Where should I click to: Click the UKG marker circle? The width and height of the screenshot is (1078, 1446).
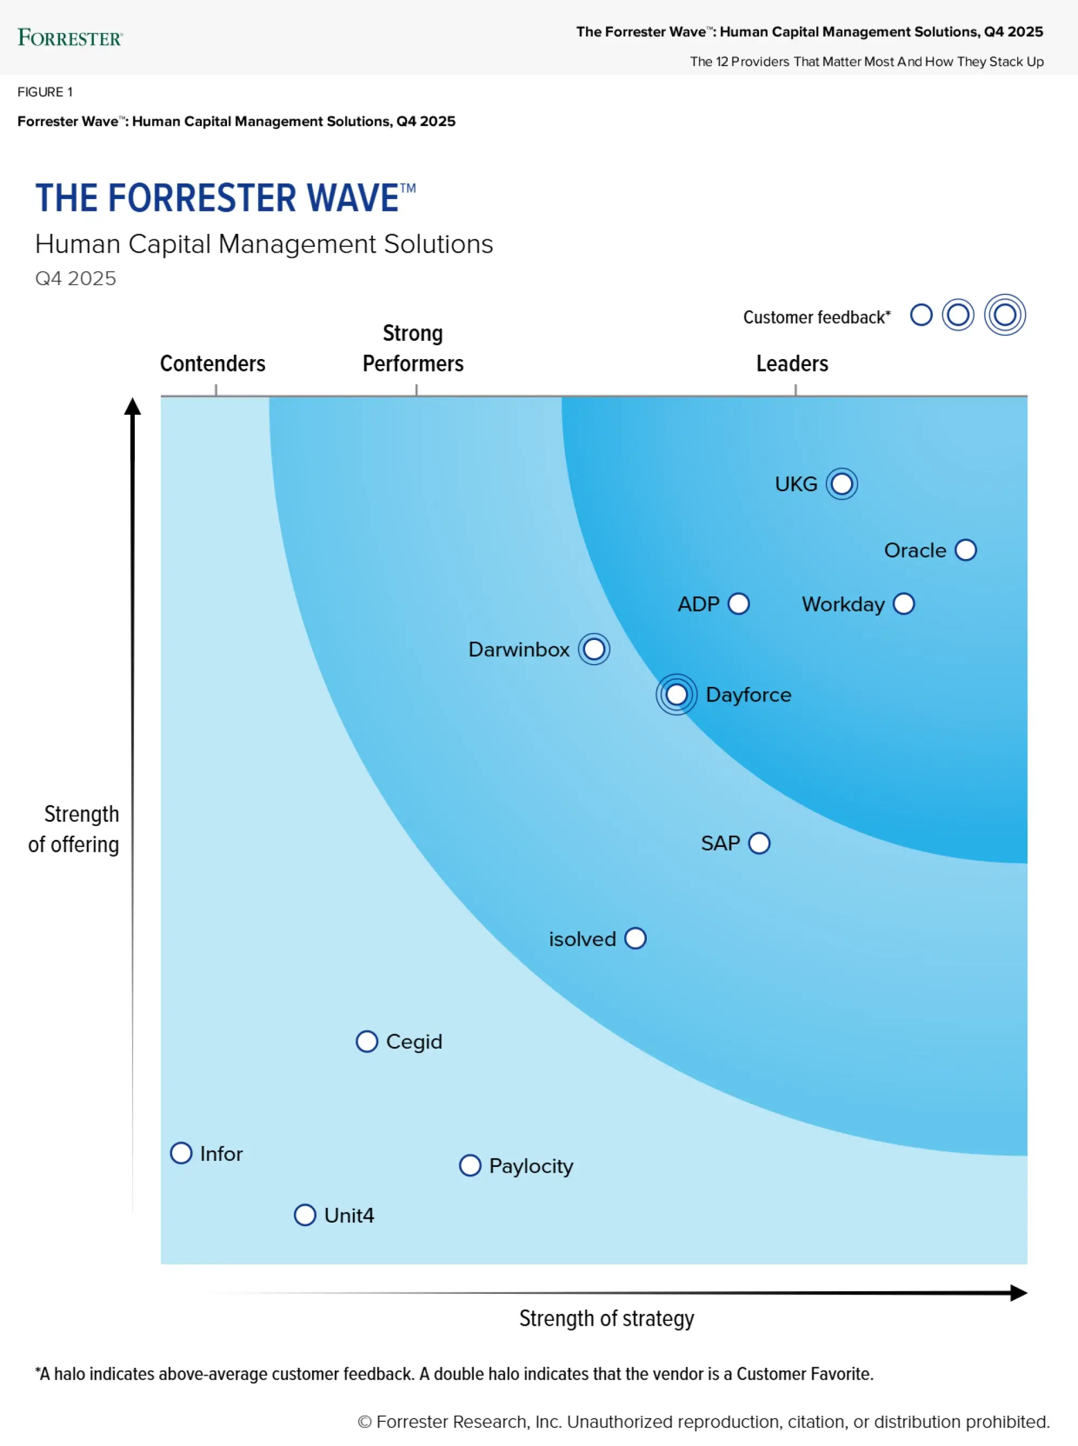tap(841, 484)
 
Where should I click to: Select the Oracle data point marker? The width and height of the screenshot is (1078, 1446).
tap(965, 550)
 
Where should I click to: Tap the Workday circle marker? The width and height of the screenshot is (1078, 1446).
tap(904, 604)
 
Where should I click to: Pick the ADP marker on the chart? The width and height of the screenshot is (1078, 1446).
tap(738, 604)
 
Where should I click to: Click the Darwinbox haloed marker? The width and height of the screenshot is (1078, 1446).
tap(594, 649)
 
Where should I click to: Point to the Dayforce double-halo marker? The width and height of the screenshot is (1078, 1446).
tap(676, 694)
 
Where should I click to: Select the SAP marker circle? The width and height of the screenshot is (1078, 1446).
tap(759, 843)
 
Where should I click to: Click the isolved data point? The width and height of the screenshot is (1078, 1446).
tap(635, 938)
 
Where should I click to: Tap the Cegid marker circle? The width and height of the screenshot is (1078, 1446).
tap(367, 1042)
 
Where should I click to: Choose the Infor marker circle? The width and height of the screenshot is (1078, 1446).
tap(182, 1153)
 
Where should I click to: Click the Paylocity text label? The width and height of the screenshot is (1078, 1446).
tap(531, 1166)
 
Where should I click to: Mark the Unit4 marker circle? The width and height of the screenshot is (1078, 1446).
tap(305, 1215)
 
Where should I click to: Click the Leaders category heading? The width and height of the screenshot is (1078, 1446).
tap(792, 363)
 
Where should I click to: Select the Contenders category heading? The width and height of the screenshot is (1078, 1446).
tap(213, 363)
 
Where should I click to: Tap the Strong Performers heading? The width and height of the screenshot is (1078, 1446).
tap(413, 348)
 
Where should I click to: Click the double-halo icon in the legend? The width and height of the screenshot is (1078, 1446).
tap(1005, 315)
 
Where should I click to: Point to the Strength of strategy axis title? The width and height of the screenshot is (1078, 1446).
tap(606, 1318)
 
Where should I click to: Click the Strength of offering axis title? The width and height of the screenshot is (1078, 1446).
tap(74, 829)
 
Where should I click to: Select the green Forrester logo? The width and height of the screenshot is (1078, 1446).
tap(70, 38)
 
